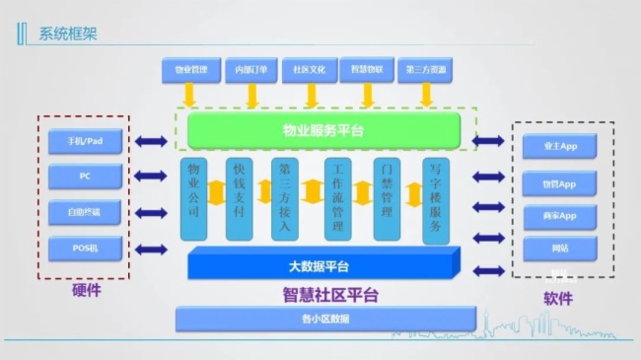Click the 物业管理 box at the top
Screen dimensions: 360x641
tap(191, 70)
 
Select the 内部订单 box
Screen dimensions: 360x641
tap(251, 70)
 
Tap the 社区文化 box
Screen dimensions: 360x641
tap(311, 70)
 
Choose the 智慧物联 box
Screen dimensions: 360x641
tap(368, 70)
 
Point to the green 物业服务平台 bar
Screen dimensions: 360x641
tap(318, 130)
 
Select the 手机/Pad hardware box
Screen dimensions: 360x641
tap(86, 142)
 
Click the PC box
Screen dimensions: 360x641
tap(86, 177)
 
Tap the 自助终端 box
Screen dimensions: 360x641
tap(86, 212)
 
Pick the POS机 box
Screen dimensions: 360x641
tap(86, 248)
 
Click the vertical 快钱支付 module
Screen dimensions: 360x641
tap(240, 197)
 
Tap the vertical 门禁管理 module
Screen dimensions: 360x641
tap(388, 197)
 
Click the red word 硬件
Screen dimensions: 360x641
tap(86, 292)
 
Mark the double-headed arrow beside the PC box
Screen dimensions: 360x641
tap(151, 177)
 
